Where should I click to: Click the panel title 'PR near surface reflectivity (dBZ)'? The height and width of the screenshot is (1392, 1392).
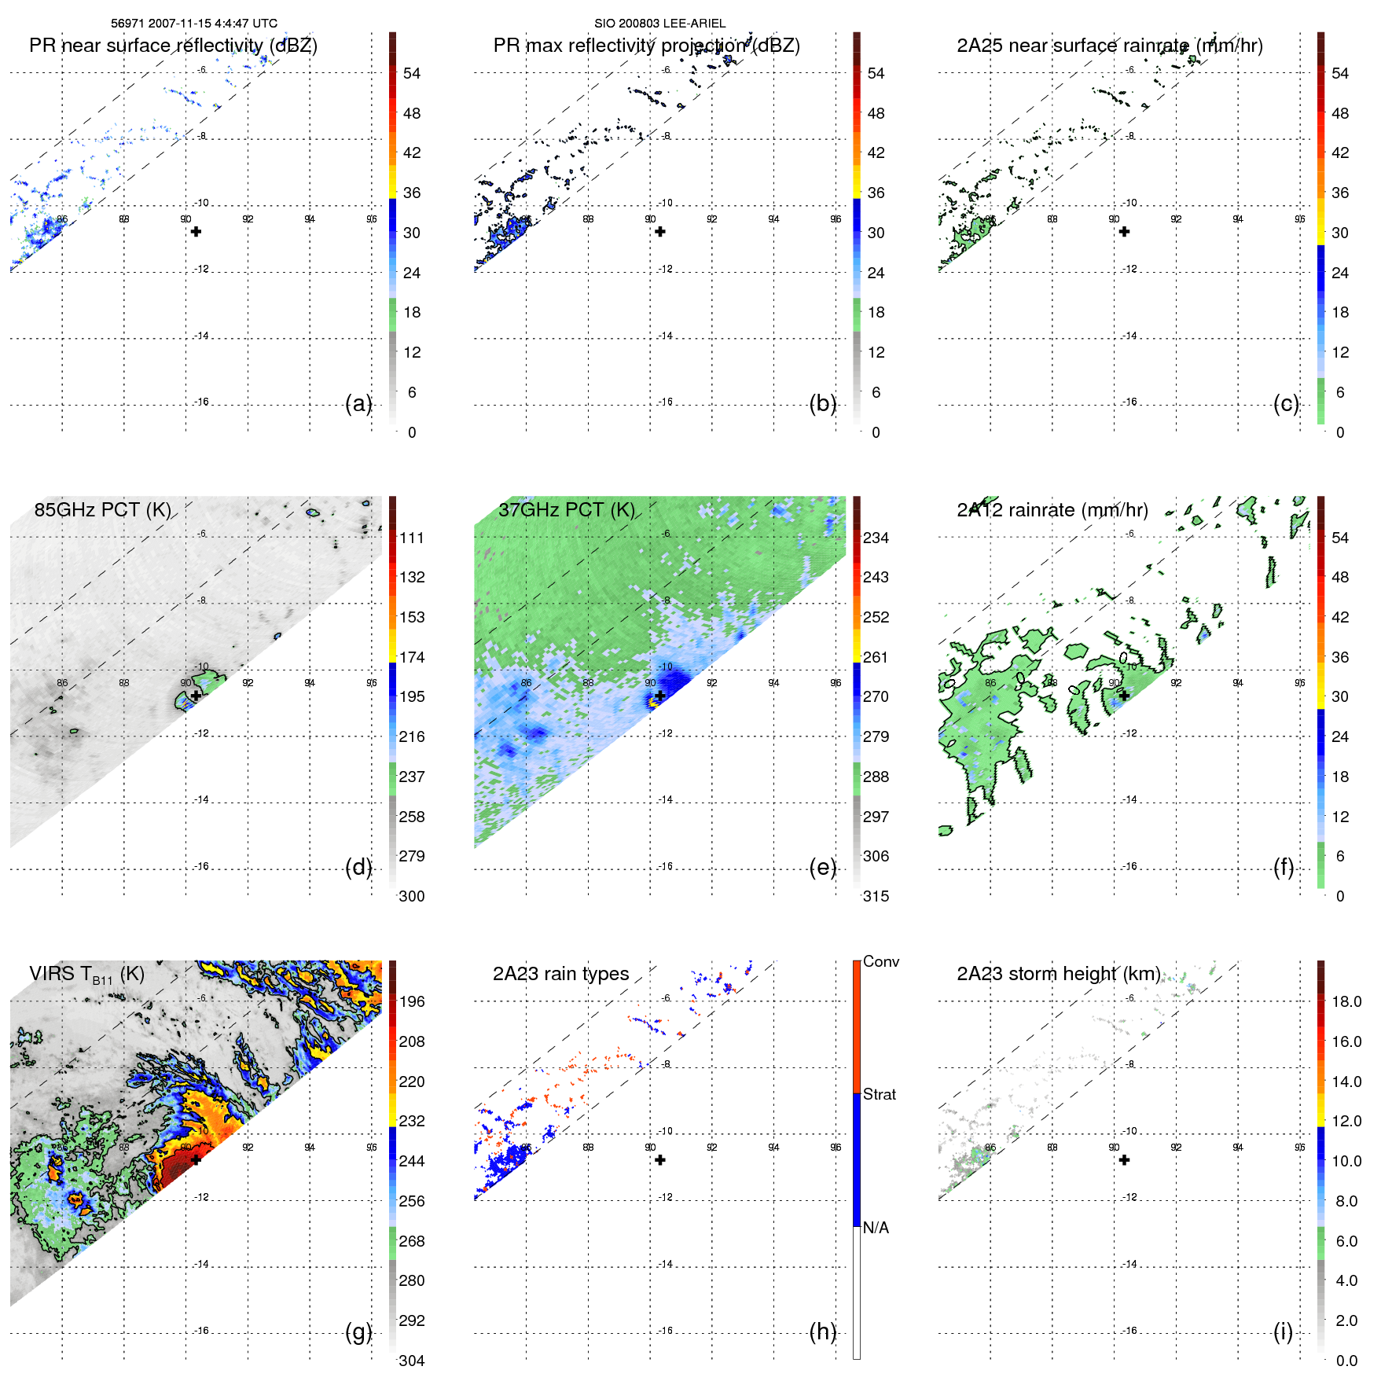click(173, 46)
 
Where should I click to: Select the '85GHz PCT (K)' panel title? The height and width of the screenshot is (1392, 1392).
click(102, 510)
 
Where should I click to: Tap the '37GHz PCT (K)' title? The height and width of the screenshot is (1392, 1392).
click(566, 510)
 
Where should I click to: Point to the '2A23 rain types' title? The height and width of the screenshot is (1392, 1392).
click(560, 974)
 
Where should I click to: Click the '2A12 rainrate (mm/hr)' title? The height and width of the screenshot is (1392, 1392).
click(1052, 510)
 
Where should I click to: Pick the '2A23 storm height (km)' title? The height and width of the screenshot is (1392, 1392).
click(1058, 974)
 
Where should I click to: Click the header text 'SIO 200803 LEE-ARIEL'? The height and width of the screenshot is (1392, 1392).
click(659, 24)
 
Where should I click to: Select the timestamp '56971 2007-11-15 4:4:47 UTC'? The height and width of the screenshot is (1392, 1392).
click(193, 24)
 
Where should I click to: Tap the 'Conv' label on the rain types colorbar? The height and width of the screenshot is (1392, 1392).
click(880, 961)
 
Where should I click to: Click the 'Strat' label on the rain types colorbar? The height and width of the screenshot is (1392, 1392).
click(879, 1094)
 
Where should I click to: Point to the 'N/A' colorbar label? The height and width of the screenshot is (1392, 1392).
click(876, 1228)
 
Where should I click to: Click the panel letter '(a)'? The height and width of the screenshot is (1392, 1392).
click(358, 403)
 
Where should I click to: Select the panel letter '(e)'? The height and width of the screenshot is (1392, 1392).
click(822, 867)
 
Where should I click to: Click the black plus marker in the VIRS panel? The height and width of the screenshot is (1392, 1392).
click(196, 1159)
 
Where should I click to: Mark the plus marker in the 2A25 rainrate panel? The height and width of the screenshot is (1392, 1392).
click(1124, 231)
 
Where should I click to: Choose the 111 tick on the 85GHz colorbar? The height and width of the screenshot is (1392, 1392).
click(411, 538)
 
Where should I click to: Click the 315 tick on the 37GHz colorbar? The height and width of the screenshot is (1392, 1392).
click(876, 896)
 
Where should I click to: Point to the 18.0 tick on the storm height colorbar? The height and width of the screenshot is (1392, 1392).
click(1346, 1001)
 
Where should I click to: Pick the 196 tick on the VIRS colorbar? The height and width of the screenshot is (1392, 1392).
click(411, 1001)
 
